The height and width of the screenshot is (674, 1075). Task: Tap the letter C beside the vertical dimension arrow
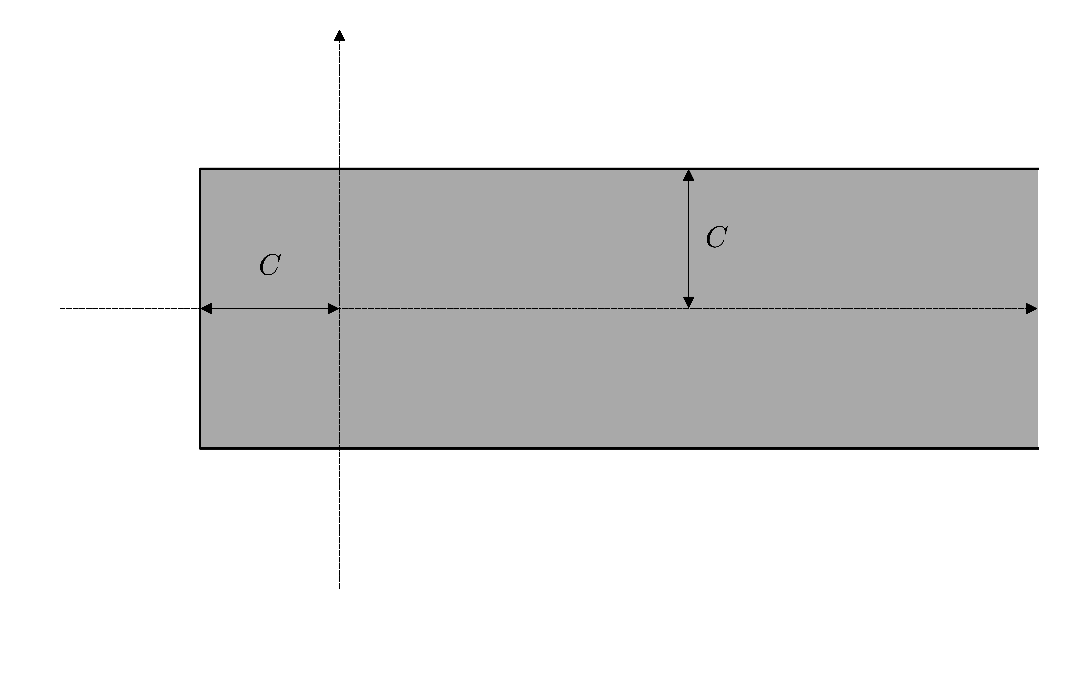coord(717,237)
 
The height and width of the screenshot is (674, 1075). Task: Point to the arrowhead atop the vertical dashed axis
coord(339,36)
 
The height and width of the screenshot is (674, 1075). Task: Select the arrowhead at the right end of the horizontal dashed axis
coord(1031,308)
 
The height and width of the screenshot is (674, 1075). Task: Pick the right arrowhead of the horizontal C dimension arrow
coord(333,308)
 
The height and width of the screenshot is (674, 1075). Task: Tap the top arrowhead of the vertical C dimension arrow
coord(688,175)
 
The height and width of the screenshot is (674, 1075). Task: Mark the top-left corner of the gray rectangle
coord(200,169)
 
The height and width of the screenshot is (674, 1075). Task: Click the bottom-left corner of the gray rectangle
coord(200,448)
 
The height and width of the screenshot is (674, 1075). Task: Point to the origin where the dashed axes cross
coord(339,308)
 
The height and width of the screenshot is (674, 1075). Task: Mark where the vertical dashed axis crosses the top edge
coord(339,169)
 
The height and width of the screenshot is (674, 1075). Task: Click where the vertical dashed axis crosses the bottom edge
coord(339,448)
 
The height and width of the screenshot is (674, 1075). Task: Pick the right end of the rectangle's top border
coord(1038,169)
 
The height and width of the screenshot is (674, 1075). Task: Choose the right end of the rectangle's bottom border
coord(1038,448)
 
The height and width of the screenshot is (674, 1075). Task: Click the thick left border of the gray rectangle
coord(200,379)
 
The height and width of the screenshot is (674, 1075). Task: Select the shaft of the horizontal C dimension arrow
coord(269,308)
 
